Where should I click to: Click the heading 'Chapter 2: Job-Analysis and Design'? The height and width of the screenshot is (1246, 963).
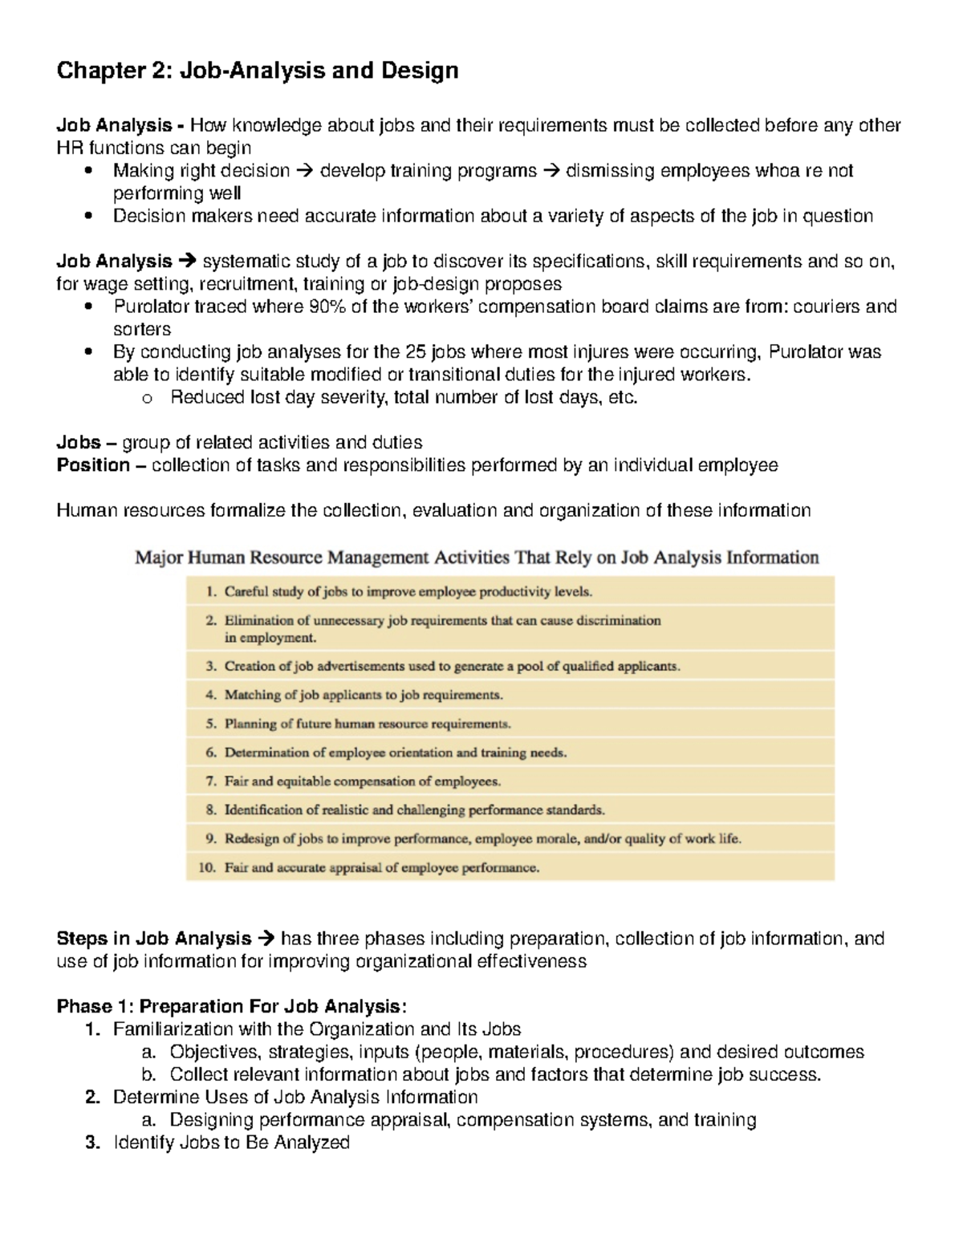[257, 71]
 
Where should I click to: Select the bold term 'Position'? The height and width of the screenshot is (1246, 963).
[93, 465]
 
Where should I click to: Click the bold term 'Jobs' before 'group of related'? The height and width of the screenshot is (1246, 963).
[79, 443]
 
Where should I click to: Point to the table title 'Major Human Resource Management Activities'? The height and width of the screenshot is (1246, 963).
[477, 558]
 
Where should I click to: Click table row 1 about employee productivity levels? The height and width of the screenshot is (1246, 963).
[408, 592]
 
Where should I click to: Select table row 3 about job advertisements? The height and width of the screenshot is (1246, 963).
[451, 666]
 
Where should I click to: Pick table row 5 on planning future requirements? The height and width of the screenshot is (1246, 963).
[367, 724]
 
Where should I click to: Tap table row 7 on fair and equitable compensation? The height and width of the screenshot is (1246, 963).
[362, 781]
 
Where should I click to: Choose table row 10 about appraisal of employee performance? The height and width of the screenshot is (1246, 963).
[381, 867]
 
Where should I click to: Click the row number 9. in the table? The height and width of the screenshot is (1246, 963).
[211, 838]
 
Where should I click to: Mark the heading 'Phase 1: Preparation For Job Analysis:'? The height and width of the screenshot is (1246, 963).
[232, 1006]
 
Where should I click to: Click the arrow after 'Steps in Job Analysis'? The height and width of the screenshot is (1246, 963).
[266, 939]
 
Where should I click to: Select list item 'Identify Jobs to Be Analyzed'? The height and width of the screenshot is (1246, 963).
[231, 1143]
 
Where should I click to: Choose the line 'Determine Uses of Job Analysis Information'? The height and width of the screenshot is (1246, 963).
[295, 1097]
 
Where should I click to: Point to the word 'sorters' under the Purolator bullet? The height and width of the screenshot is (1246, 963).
[142, 329]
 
